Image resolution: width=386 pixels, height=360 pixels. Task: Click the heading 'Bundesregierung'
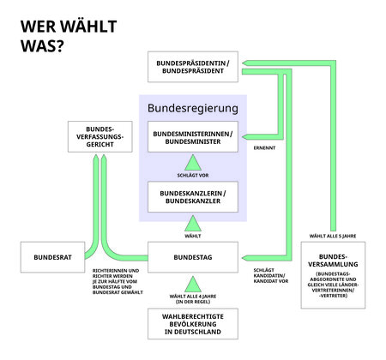click(193, 108)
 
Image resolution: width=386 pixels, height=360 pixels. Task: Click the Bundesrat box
click(53, 256)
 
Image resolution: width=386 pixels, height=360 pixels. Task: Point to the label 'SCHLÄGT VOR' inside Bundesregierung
click(193, 176)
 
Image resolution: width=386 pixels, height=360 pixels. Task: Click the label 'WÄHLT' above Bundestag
click(193, 234)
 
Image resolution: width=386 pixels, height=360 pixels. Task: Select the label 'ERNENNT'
click(263, 148)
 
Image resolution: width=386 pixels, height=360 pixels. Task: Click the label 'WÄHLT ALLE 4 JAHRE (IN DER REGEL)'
click(193, 300)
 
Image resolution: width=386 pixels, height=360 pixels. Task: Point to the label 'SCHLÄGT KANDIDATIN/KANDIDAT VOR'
click(269, 277)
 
